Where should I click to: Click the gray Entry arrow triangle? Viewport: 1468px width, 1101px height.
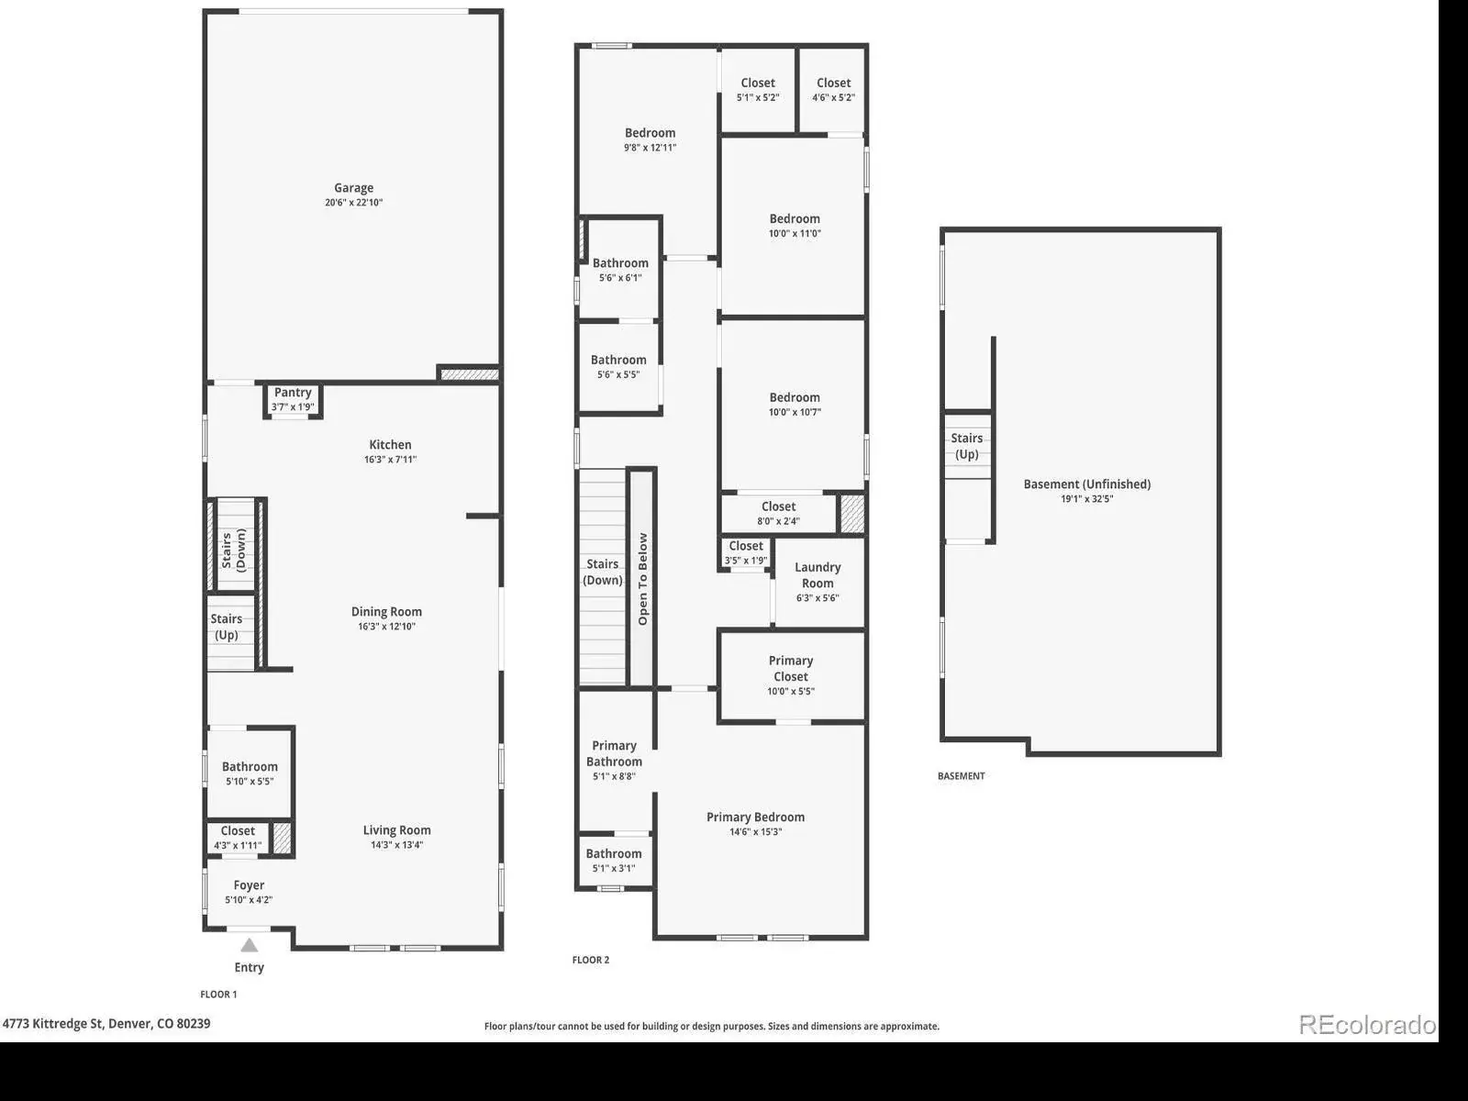(250, 945)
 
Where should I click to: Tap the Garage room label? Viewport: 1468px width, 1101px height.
(354, 188)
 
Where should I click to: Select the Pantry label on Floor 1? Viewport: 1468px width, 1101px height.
(293, 393)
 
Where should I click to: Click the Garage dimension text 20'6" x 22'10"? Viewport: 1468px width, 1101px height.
(354, 203)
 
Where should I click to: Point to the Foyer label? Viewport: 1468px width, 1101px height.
(249, 885)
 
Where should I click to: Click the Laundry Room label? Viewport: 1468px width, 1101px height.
(817, 575)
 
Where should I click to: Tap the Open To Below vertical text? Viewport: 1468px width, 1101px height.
(643, 579)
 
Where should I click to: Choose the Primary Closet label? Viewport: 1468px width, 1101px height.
(791, 669)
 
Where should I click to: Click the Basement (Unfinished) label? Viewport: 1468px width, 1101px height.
(1087, 484)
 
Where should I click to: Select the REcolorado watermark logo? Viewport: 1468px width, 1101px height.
(1367, 1025)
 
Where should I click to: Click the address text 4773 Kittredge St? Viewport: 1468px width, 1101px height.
(53, 1023)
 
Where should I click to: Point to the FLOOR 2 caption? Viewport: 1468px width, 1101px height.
(591, 960)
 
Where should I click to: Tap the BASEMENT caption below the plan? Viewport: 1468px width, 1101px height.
(961, 776)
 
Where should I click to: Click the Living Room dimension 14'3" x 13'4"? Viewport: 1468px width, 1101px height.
(397, 845)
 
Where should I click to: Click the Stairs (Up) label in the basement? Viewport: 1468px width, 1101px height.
(967, 446)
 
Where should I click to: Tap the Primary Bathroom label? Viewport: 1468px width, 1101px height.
(614, 753)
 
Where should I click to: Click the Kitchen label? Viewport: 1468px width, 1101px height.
(391, 445)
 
